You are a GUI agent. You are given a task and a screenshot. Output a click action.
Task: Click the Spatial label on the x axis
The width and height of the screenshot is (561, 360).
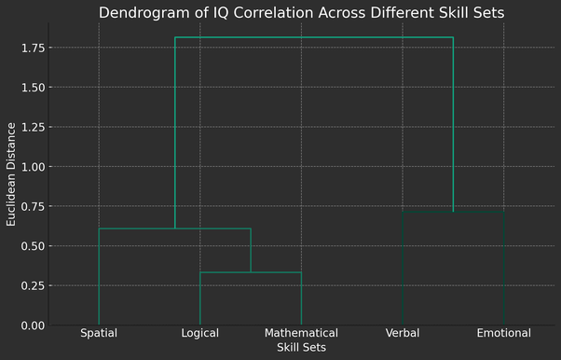click(x=99, y=333)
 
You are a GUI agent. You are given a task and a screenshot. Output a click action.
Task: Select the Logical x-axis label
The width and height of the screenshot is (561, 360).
click(x=200, y=333)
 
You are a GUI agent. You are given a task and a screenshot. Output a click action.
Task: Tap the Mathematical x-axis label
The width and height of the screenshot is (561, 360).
click(x=301, y=333)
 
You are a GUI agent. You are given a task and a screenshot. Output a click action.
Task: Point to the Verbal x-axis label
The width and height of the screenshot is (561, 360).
click(x=403, y=333)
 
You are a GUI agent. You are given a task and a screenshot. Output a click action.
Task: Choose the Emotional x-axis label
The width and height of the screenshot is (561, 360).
click(x=503, y=333)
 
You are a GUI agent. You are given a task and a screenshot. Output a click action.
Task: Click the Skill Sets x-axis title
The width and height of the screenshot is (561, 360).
click(x=301, y=347)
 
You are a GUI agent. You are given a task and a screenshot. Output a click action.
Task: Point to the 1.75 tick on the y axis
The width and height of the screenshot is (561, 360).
click(x=34, y=48)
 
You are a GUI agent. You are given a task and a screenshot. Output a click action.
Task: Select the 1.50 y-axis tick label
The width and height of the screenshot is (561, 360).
click(x=34, y=88)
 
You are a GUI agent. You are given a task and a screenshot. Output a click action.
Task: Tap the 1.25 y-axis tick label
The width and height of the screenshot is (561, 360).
click(x=34, y=127)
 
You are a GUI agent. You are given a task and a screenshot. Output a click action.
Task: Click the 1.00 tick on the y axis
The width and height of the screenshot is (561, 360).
click(x=34, y=167)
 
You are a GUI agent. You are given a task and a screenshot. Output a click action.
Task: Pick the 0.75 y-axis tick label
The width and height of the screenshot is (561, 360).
click(x=34, y=206)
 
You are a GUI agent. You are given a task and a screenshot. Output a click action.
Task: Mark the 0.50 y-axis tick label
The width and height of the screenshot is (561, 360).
click(x=34, y=246)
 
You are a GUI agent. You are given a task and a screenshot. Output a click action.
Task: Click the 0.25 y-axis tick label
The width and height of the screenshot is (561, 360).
click(x=34, y=285)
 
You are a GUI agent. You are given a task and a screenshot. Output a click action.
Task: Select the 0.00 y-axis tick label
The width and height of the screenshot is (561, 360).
click(x=34, y=325)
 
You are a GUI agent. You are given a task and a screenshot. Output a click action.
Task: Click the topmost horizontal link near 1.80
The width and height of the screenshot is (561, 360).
click(x=314, y=38)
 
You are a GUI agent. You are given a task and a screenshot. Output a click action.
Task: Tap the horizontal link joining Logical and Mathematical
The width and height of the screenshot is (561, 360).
click(x=251, y=272)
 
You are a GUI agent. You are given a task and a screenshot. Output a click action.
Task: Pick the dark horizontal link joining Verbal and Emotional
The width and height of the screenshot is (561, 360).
click(x=453, y=212)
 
